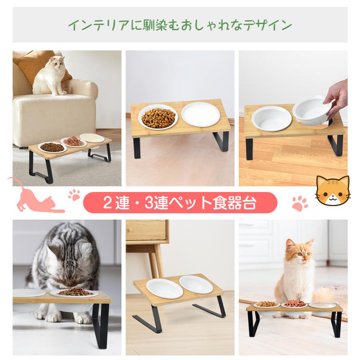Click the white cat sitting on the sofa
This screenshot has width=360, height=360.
[51, 76]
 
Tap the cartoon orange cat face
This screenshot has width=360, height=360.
[332, 191]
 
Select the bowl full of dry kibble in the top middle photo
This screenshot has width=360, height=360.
[159, 117]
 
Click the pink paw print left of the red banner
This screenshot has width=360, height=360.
[74, 195]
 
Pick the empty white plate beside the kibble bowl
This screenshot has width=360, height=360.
[200, 114]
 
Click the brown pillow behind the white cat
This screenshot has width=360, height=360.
[34, 64]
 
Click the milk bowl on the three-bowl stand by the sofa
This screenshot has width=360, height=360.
[92, 138]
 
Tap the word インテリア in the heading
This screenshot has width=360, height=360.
[90, 26]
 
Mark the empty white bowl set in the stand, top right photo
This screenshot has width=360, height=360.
[272, 117]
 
